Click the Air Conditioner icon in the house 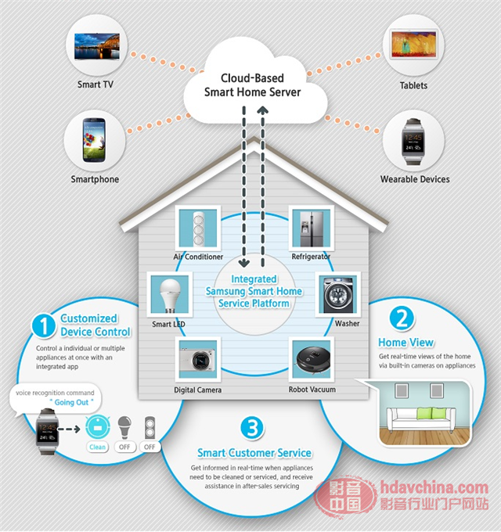(198, 228)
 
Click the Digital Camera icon (198, 361)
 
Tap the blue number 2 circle (401, 318)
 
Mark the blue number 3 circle (251, 427)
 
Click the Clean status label (97, 447)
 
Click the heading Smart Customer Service (254, 452)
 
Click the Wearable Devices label (415, 179)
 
